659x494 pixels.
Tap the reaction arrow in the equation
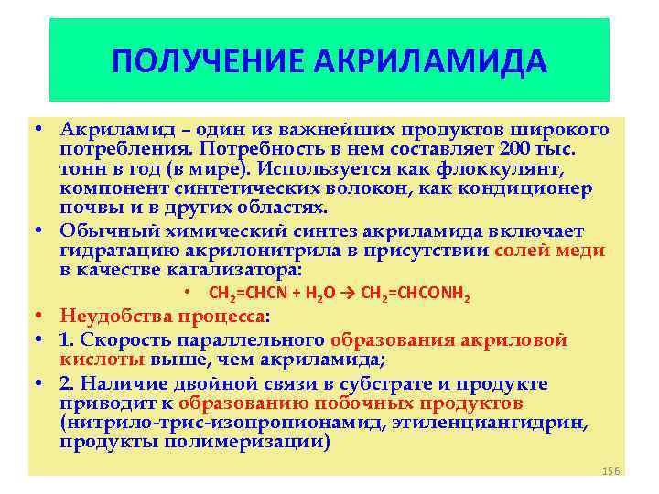(x=352, y=295)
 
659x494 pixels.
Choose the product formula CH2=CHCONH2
(x=416, y=295)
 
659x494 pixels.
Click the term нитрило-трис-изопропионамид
(x=224, y=424)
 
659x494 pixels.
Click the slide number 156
(x=611, y=469)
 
